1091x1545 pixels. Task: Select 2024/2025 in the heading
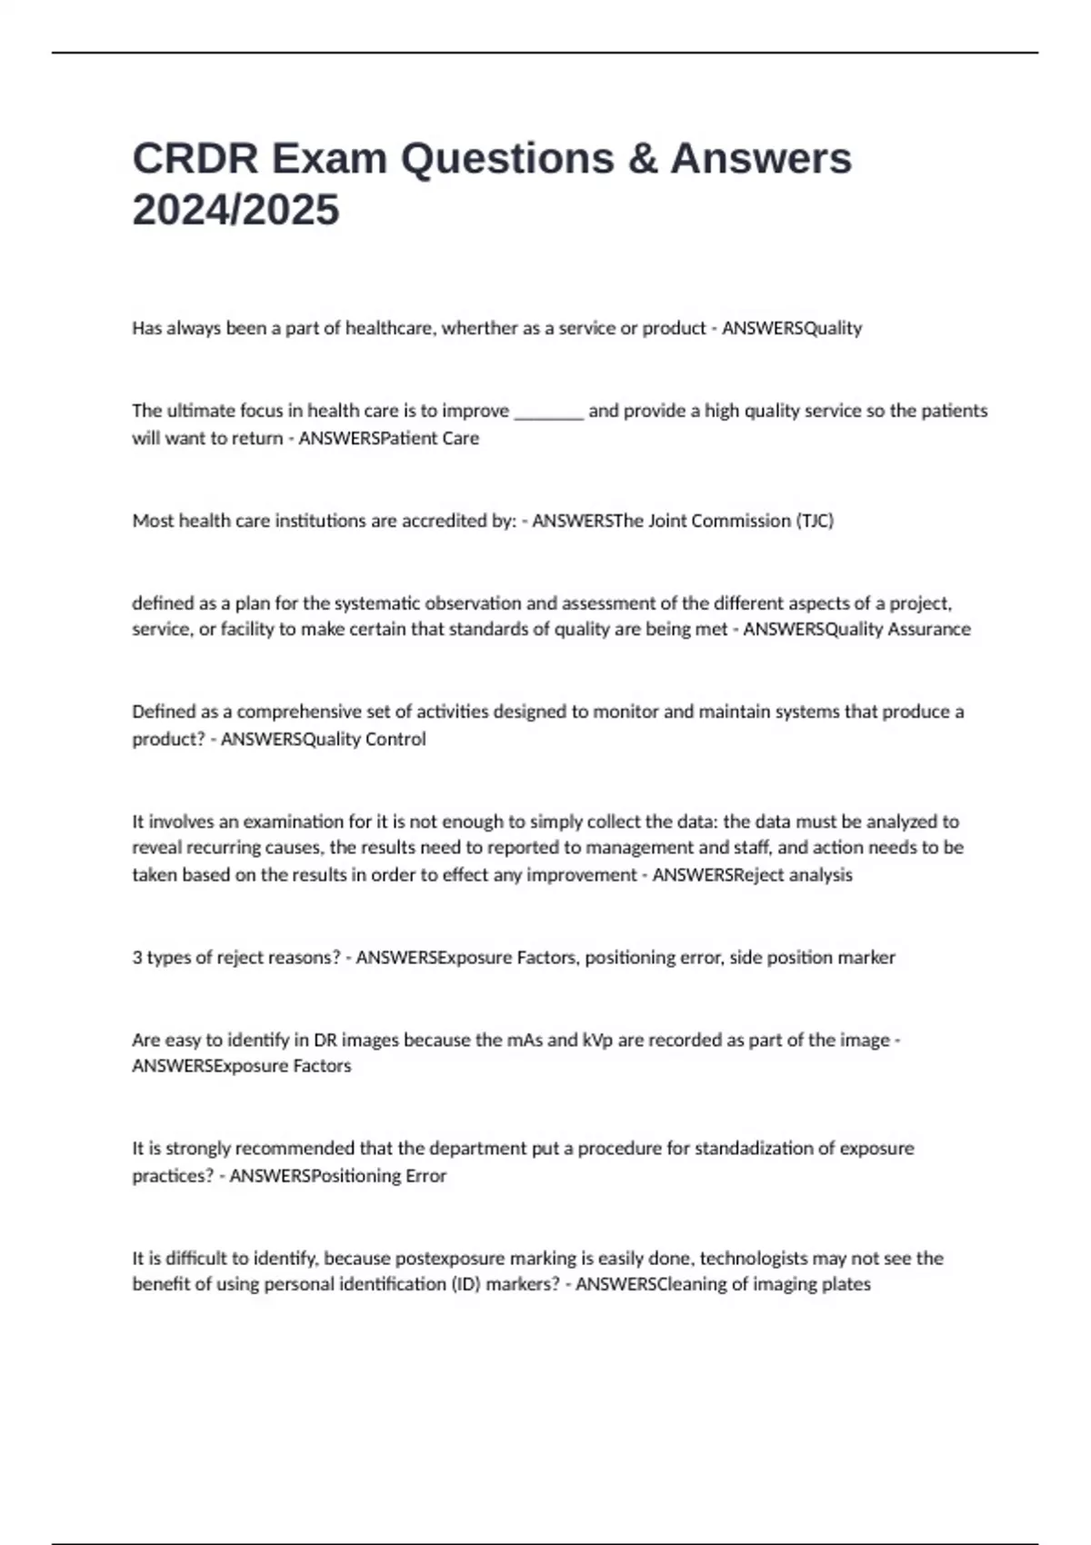[x=235, y=210]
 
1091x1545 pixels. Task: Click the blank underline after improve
[x=549, y=411]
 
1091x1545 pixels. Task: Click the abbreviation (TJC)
[x=815, y=521]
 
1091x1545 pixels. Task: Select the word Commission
[x=738, y=521]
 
